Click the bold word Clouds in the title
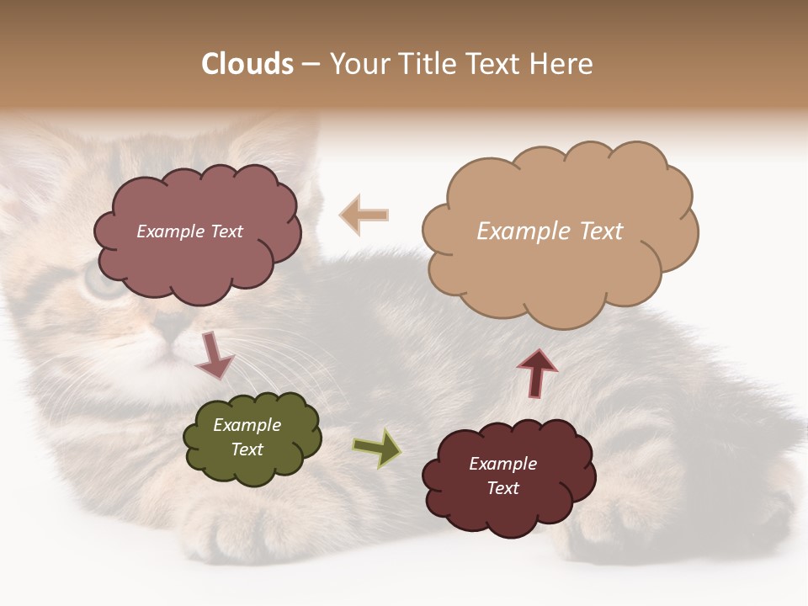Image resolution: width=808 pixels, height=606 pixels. pos(247,64)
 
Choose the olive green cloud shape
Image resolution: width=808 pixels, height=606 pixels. pos(252,467)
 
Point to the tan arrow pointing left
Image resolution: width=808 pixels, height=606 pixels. pos(364,215)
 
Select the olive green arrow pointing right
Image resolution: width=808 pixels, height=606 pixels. pos(377,447)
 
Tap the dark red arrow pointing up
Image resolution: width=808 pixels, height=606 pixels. pos(537,373)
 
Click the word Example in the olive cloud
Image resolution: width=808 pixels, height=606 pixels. pos(247,425)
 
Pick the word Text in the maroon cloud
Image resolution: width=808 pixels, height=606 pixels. pos(502,488)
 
